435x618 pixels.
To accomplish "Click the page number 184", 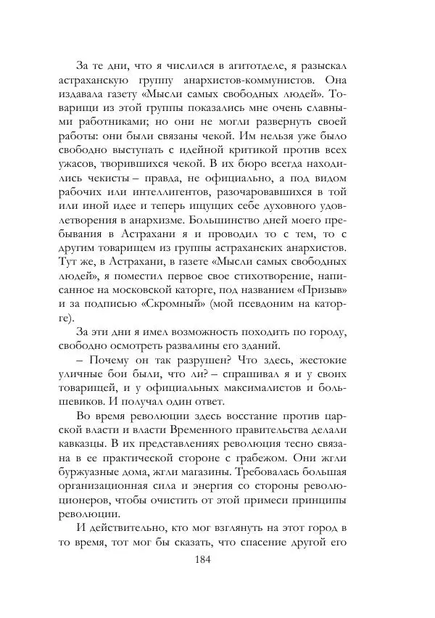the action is [x=218, y=559].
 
